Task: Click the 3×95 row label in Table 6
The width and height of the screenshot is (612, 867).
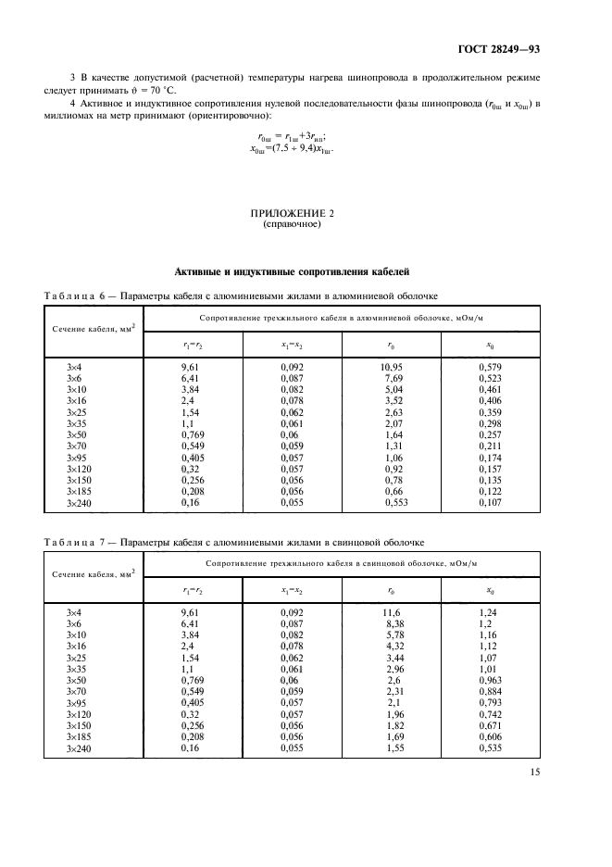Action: pos(76,457)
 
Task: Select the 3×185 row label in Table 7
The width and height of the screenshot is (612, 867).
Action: pos(78,735)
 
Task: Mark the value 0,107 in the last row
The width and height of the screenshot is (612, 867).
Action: pos(490,501)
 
